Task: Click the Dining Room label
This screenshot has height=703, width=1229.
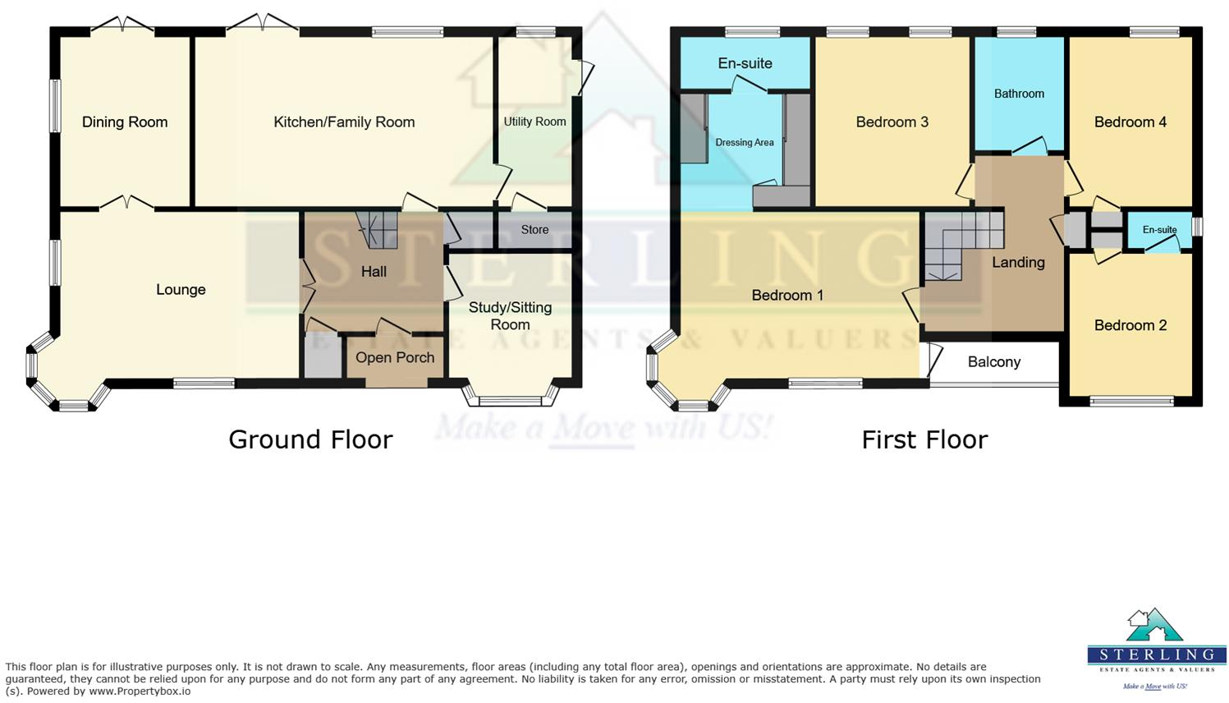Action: click(x=125, y=122)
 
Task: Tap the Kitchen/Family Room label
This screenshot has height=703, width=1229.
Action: click(x=344, y=122)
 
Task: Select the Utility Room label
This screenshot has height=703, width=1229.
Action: click(x=534, y=122)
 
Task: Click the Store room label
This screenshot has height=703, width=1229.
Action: click(x=534, y=230)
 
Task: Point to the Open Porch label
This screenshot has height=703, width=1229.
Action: click(x=395, y=358)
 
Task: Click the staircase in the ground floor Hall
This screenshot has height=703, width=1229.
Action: click(x=378, y=230)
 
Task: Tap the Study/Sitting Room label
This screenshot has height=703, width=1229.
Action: click(x=510, y=316)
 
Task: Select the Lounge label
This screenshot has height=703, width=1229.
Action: click(x=181, y=290)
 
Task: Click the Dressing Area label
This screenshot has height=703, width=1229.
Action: click(x=745, y=143)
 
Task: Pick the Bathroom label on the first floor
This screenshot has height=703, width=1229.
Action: click(x=1019, y=94)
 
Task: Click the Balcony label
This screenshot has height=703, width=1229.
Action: click(x=993, y=362)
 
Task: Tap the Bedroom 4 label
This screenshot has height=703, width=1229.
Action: click(x=1130, y=122)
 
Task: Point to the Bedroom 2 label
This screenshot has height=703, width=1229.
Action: click(x=1130, y=325)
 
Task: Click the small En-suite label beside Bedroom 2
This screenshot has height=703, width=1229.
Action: click(x=1159, y=230)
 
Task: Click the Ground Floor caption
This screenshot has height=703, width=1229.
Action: click(x=310, y=439)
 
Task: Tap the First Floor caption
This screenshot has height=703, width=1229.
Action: click(x=924, y=439)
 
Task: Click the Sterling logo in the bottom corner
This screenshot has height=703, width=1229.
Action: click(x=1156, y=649)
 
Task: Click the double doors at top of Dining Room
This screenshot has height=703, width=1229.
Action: click(x=122, y=25)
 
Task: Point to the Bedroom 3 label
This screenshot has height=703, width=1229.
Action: click(x=892, y=122)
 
